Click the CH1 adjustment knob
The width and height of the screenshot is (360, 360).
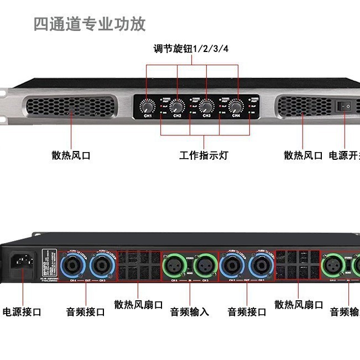tap(148, 105)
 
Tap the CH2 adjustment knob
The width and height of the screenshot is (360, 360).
tap(177, 105)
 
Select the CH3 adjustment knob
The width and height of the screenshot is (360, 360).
tap(207, 105)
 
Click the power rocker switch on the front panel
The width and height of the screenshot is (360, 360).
tap(348, 105)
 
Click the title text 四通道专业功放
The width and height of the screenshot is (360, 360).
tap(90, 24)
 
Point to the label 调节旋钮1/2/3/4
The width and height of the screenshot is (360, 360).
tap(191, 49)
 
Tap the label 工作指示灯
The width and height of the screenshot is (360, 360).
tap(204, 155)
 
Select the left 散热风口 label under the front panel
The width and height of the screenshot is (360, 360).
tap(71, 155)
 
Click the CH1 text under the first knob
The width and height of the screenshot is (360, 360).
tap(148, 116)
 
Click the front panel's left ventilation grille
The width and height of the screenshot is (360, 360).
tap(71, 105)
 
